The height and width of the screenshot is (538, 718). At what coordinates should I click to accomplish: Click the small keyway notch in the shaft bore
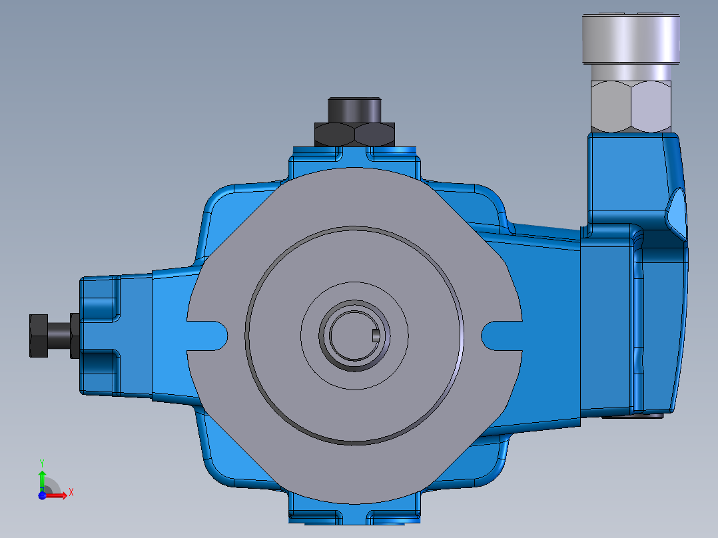pyautogui.click(x=376, y=335)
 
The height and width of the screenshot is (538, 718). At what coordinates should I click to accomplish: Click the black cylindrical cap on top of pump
pyautogui.click(x=354, y=110)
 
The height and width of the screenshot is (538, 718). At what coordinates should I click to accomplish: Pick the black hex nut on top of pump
pyautogui.click(x=355, y=134)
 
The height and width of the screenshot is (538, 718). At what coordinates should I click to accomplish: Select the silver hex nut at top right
pyautogui.click(x=630, y=105)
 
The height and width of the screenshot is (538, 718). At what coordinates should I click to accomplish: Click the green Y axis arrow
pyautogui.click(x=42, y=479)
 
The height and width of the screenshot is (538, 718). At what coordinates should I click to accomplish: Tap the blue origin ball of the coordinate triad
pyautogui.click(x=42, y=495)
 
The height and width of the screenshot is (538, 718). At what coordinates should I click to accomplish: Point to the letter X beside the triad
pyautogui.click(x=71, y=493)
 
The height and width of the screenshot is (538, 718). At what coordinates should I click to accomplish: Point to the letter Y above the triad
pyautogui.click(x=41, y=461)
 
